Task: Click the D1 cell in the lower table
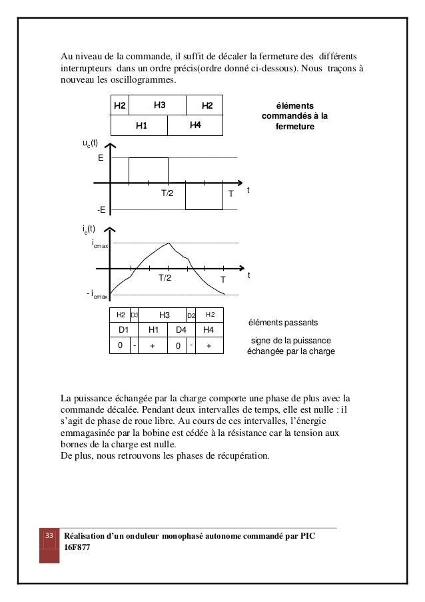123,330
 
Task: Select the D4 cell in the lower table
180,330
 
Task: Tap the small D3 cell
134,315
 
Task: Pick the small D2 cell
191,315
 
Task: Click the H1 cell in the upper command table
141,125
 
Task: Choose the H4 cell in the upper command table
195,125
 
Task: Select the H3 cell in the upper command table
160,105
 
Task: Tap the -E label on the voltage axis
101,209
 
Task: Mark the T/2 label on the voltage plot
167,193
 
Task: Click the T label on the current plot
223,279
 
